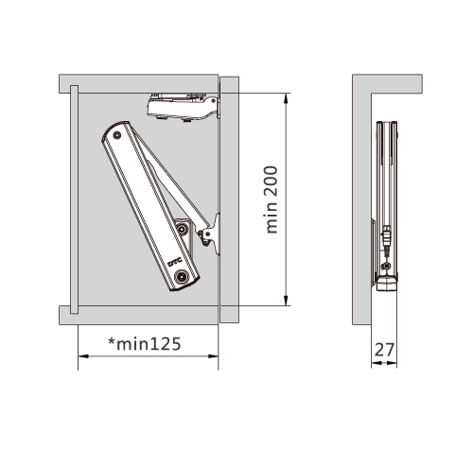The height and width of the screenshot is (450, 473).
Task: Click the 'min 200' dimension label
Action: click(x=272, y=199)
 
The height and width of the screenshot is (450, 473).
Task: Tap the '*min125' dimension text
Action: click(x=145, y=344)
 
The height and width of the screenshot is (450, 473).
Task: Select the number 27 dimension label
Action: click(x=384, y=350)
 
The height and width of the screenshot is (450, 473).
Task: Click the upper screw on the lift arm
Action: click(x=117, y=135)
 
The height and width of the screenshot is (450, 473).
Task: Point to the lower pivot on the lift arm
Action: click(x=181, y=277)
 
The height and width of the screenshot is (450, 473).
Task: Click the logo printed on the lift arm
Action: click(x=174, y=262)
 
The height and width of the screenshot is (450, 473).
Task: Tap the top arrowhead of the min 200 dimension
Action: click(x=286, y=98)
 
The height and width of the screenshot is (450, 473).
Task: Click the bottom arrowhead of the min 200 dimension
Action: click(x=286, y=301)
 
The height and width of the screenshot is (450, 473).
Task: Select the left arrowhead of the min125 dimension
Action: click(x=83, y=356)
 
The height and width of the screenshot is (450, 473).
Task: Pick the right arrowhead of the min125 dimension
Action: click(x=214, y=356)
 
